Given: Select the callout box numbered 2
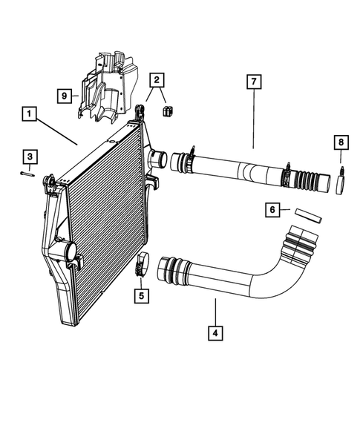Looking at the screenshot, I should (x=157, y=80).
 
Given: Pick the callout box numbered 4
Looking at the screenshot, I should (x=215, y=333).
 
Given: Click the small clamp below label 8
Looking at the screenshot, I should (x=341, y=183).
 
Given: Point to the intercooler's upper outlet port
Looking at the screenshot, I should (x=156, y=158).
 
